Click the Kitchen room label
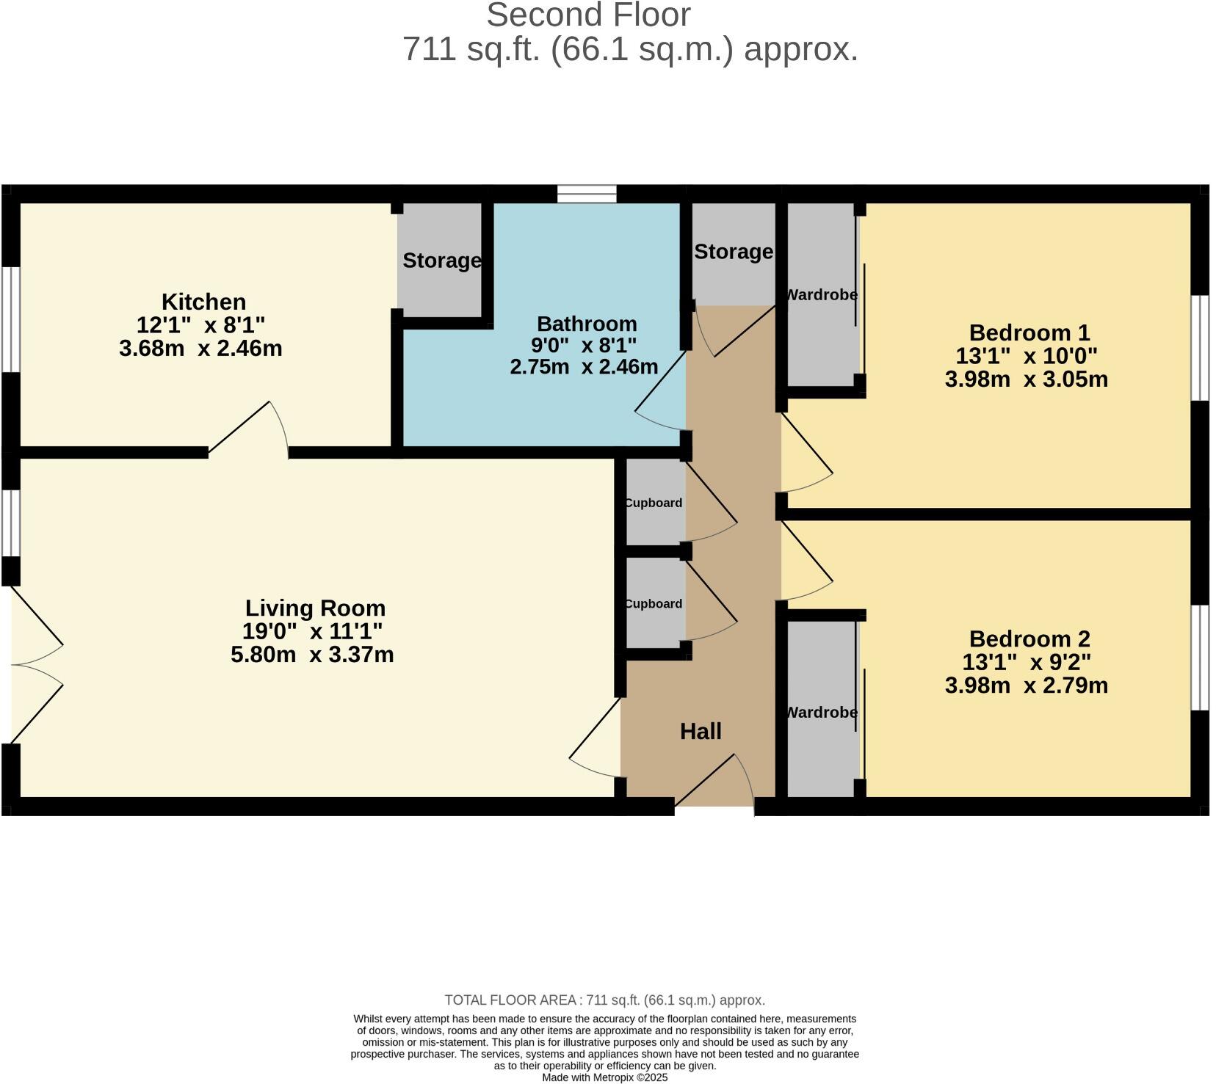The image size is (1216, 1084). click(x=203, y=302)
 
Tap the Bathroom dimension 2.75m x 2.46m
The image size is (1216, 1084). click(x=584, y=367)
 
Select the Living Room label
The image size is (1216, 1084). click(x=315, y=608)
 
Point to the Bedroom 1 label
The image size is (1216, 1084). click(x=1029, y=332)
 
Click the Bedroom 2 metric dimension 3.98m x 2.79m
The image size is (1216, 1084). click(x=1026, y=685)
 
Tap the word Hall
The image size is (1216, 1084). click(x=701, y=731)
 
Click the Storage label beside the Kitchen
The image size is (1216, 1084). click(x=441, y=261)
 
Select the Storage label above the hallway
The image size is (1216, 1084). click(x=733, y=252)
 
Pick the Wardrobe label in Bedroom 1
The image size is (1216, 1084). click(x=821, y=295)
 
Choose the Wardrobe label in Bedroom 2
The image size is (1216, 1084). click(x=821, y=713)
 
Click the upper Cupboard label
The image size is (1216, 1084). click(x=654, y=503)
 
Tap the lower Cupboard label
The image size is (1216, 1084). click(x=654, y=603)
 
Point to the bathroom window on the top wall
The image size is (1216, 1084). click(x=586, y=194)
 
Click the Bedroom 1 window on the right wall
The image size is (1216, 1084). click(x=1199, y=348)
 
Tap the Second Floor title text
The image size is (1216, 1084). click(x=588, y=15)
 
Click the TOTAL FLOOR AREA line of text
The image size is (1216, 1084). click(x=604, y=1000)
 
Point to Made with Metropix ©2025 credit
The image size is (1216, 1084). click(x=604, y=1077)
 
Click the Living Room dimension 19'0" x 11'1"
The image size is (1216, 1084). click(x=312, y=631)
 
